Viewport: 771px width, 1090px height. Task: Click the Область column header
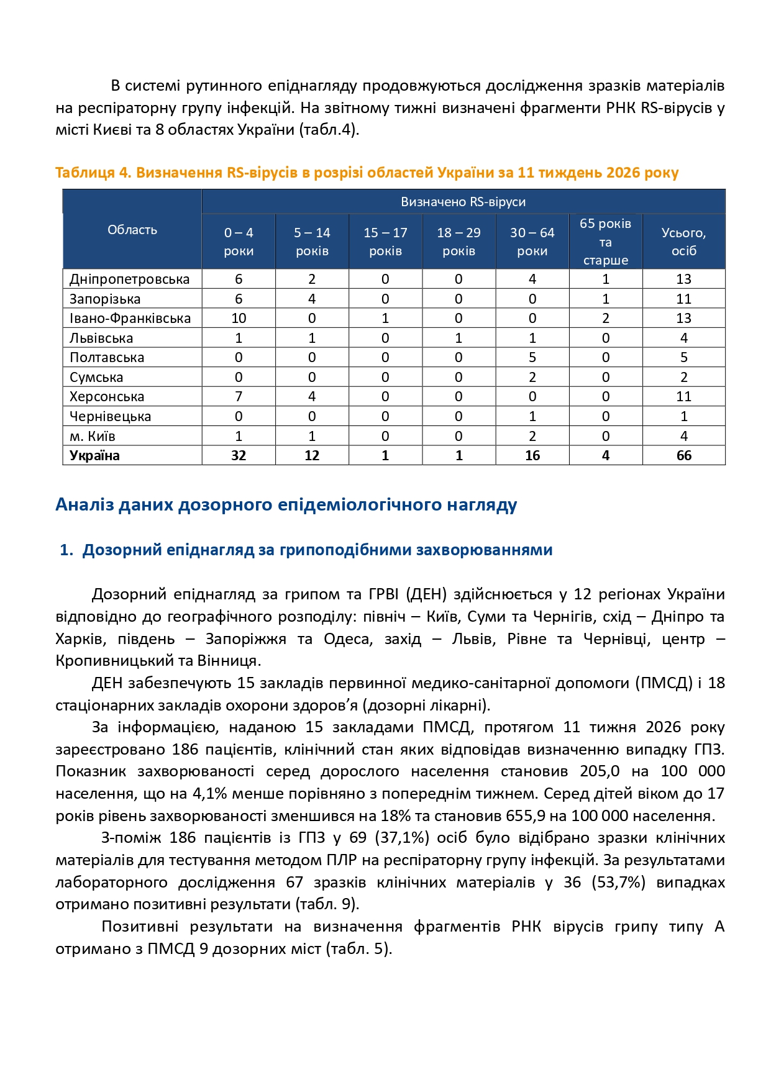[x=132, y=230]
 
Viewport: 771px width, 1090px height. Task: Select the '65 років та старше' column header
[x=605, y=242]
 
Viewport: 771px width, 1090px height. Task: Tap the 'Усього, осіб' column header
[x=683, y=242]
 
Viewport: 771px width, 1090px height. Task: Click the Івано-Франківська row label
[x=130, y=319]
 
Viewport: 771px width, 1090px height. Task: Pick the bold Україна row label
[x=94, y=456]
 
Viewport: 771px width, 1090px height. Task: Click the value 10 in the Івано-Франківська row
[x=239, y=319]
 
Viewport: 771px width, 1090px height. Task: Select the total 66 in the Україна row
[x=683, y=456]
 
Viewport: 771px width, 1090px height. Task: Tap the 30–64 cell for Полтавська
[x=532, y=358]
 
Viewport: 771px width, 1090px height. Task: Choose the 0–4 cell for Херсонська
[x=239, y=397]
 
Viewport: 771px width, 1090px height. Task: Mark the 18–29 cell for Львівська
[x=458, y=338]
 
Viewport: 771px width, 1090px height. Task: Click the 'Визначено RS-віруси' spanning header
[x=463, y=202]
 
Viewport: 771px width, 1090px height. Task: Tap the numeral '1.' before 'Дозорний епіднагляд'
[x=66, y=550]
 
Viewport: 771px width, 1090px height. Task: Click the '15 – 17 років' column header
[x=385, y=242]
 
